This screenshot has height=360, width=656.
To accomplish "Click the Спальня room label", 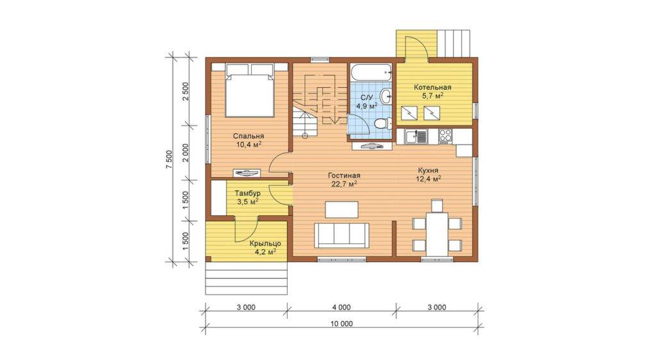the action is pos(249,136).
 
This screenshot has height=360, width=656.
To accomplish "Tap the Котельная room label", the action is pos(432,87).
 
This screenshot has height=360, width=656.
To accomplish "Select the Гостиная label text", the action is pos(344,176).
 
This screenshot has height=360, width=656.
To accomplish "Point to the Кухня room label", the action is pos(428,170).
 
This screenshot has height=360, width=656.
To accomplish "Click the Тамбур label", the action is pos(248,193).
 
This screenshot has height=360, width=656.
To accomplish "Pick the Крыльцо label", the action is pos(265,244).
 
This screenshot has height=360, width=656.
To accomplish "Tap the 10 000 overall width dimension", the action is pos(341,323).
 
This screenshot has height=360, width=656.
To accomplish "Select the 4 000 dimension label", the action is pos(341,307).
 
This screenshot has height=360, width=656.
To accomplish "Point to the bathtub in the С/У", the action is pos(371,72).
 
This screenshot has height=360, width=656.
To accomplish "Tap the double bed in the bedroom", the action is pos(250,90).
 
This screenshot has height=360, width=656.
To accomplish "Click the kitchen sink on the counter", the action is pos(415,136).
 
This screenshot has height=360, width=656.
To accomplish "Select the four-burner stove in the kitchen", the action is pos(445,136).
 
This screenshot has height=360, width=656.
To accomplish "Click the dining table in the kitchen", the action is pos(437,234).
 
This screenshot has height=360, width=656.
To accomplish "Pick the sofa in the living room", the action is pos(342,235).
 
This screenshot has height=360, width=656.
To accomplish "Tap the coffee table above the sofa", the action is pos(342,209).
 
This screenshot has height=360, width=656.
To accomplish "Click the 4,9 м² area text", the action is pos(367,106).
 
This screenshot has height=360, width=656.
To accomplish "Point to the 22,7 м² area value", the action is pos(344,184).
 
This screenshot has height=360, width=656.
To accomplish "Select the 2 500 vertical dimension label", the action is pos(186,91).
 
